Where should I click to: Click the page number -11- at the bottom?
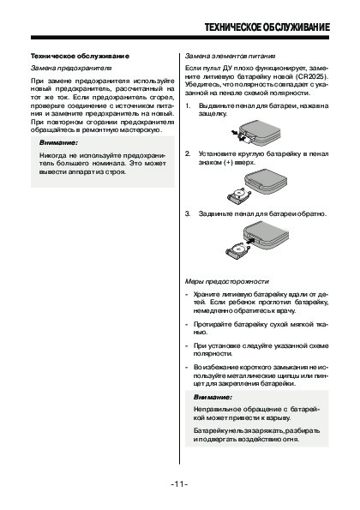[179, 484]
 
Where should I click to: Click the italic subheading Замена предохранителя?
[71, 69]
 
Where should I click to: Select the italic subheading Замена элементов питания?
[231, 56]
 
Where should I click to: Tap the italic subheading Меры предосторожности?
[227, 281]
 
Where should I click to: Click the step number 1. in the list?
[188, 105]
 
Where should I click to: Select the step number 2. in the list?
[188, 153]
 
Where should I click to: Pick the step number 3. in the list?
[188, 213]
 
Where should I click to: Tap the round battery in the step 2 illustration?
[240, 194]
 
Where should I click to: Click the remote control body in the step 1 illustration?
[260, 133]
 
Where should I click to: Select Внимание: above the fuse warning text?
[58, 143]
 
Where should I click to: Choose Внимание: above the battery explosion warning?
[213, 397]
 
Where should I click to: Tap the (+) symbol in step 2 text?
[229, 162]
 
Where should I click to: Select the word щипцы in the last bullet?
[287, 375]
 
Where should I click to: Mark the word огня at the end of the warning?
[291, 440]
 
